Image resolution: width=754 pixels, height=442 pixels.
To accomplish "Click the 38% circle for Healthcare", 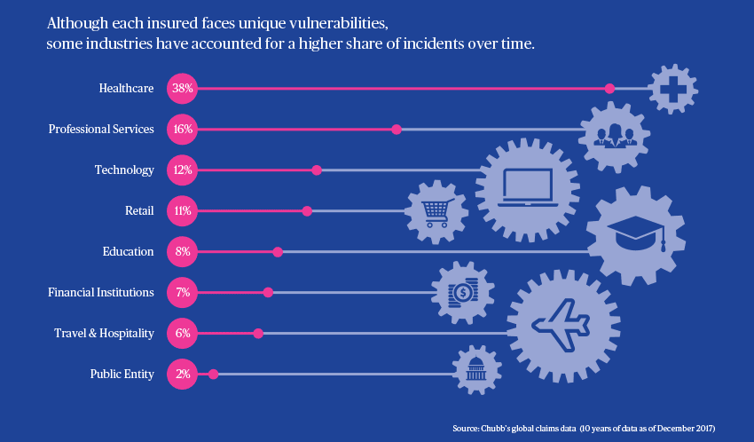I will tap(184, 88).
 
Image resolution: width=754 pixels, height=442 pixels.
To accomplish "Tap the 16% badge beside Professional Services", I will tap(184, 129).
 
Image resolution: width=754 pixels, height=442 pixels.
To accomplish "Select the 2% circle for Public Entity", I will tap(184, 374).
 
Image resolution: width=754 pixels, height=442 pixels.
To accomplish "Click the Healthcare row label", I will tap(127, 88).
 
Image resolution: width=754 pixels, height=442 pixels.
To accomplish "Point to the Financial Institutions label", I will tap(99, 292).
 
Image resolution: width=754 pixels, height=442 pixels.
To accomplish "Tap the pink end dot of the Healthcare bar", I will tap(609, 88).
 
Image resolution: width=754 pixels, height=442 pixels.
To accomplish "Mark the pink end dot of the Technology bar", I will tap(317, 170).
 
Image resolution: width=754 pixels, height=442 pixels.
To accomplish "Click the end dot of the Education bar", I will tap(278, 252).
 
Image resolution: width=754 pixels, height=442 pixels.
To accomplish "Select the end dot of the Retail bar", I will tap(307, 211).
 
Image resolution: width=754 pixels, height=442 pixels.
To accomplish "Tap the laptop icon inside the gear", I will tap(528, 185).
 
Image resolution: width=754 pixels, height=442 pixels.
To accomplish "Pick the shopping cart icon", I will tap(436, 211).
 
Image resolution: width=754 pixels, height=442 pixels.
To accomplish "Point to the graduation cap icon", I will tap(635, 234).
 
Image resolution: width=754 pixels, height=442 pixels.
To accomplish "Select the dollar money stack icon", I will tap(462, 291).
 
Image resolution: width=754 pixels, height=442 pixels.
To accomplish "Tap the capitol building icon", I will tap(476, 369).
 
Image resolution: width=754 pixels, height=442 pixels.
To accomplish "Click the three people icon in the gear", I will tap(615, 134).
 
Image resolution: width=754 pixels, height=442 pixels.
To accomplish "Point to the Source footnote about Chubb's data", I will tap(584, 429).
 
